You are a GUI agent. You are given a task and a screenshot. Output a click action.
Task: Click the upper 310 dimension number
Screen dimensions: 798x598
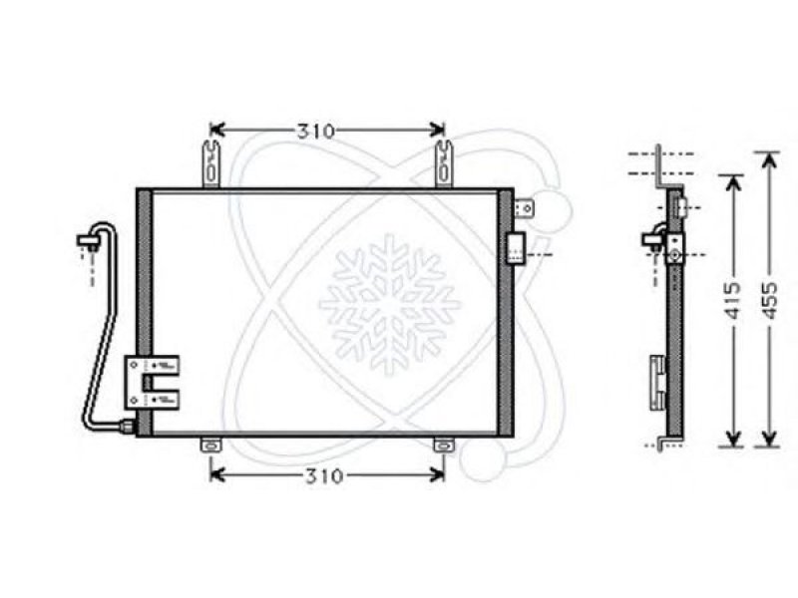[x=316, y=132]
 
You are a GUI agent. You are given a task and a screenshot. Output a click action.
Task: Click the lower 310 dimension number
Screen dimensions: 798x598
[x=324, y=476]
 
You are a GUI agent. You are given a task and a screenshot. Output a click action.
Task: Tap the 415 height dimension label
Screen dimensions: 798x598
[x=733, y=300]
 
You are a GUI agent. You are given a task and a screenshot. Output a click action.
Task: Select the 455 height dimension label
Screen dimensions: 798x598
[x=769, y=300]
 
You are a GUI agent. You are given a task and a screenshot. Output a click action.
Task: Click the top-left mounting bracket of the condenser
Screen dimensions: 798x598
[x=211, y=163]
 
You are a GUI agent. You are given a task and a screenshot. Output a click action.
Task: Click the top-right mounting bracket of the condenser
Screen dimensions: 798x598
[x=444, y=163]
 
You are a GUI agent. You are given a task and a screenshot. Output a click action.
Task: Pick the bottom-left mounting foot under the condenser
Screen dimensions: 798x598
[x=211, y=446]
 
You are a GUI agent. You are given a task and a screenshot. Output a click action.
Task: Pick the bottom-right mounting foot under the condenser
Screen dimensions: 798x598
[x=444, y=446]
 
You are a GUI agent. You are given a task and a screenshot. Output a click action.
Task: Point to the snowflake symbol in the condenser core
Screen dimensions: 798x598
[x=389, y=305]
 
